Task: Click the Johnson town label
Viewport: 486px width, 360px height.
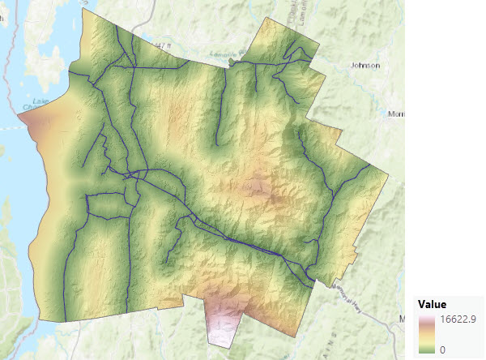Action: [364, 65]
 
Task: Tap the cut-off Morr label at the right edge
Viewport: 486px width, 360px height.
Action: [397, 114]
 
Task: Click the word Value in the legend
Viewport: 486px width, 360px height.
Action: [433, 305]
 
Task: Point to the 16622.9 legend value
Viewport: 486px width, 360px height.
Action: [458, 319]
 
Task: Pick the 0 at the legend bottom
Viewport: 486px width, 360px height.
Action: [441, 349]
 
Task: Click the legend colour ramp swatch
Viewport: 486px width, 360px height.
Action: [426, 334]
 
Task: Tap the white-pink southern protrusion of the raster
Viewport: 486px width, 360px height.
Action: [222, 324]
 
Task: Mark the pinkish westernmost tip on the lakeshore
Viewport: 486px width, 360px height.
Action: [22, 120]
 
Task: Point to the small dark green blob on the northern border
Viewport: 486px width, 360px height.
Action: [232, 61]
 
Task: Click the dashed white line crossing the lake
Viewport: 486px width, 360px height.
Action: [8, 128]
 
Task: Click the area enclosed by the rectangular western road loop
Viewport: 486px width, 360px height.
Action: [108, 206]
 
